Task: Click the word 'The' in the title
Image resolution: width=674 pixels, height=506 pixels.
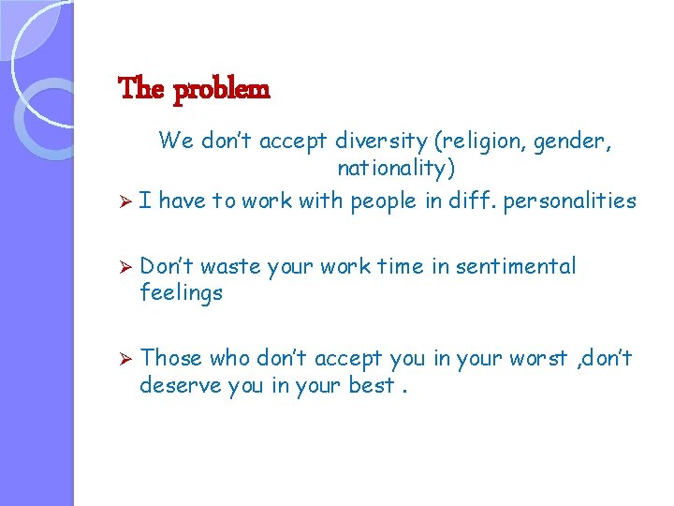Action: click(x=141, y=90)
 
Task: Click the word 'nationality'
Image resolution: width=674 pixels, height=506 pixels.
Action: click(x=391, y=169)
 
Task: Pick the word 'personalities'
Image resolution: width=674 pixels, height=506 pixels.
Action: click(x=570, y=201)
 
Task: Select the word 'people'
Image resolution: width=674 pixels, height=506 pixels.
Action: click(x=383, y=201)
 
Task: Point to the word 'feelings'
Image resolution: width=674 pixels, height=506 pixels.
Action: click(x=182, y=293)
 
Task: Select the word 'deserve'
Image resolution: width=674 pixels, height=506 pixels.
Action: click(x=181, y=384)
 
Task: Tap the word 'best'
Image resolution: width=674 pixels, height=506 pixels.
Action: click(x=371, y=384)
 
